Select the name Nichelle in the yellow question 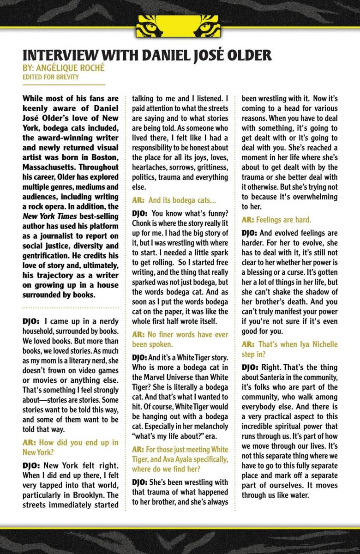tap(321, 344)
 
